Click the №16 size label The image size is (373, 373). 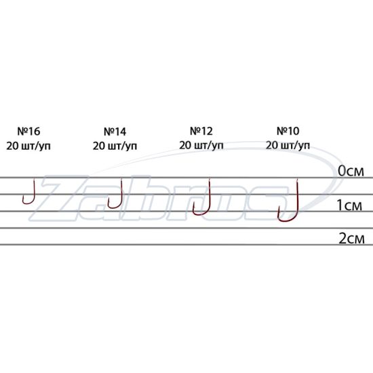pos(28,131)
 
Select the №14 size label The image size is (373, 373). pos(115,132)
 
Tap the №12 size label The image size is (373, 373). pos(201,131)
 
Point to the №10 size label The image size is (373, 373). pos(288,131)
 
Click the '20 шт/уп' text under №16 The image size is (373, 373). pos(28,146)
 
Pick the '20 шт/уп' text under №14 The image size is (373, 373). pos(115,146)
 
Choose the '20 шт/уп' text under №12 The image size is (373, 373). pos(201,145)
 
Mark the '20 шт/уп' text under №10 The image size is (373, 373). pos(288,145)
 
